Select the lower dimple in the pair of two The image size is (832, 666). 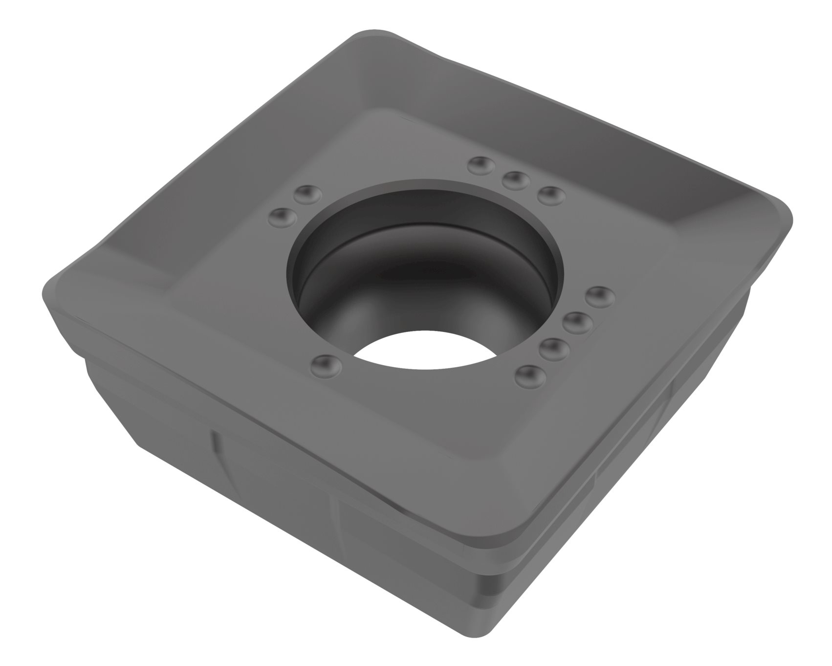point(284,217)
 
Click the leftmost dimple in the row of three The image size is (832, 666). point(482,166)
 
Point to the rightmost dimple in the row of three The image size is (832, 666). point(551,196)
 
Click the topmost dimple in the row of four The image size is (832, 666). point(600,296)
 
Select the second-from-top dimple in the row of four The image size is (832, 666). point(578,322)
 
